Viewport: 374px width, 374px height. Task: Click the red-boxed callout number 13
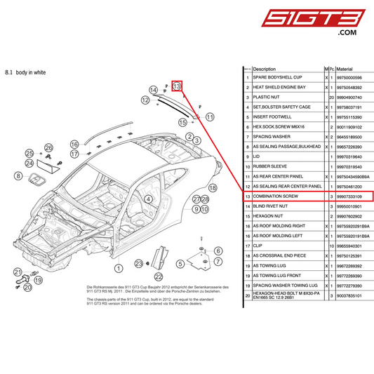click(x=178, y=86)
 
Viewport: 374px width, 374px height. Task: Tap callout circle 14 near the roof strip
click(x=154, y=90)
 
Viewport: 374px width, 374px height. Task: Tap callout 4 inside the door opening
click(x=149, y=199)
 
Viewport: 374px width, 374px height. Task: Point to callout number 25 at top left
click(x=29, y=153)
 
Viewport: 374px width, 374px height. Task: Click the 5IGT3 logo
click(x=328, y=20)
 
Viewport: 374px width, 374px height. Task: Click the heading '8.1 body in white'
click(x=26, y=72)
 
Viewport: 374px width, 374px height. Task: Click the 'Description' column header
click(x=265, y=69)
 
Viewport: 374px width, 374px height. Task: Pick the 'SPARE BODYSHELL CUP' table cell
click(x=277, y=77)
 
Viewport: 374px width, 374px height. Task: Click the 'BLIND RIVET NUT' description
click(x=271, y=207)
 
